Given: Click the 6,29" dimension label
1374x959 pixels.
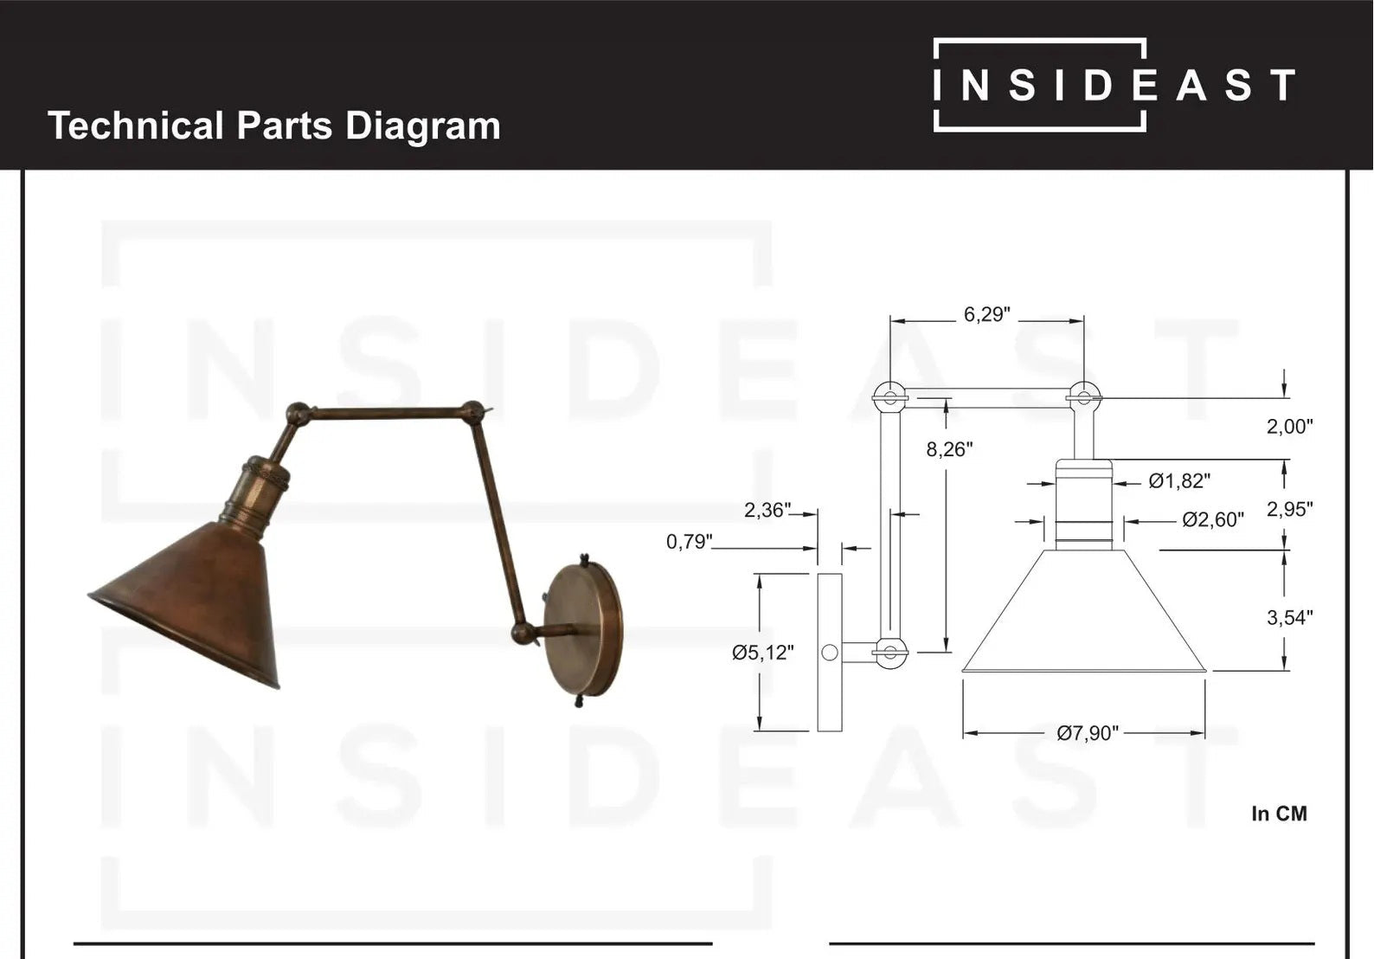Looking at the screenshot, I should (986, 314).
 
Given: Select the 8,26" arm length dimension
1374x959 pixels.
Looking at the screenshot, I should (949, 449).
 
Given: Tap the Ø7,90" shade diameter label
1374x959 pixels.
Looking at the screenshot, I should (1087, 733).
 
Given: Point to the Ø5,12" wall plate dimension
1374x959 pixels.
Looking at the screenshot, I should (762, 653).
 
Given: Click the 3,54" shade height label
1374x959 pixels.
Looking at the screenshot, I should (1289, 617).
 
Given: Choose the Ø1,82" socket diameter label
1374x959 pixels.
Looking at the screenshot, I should (1178, 481).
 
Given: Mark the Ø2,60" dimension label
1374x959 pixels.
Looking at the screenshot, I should (1213, 519).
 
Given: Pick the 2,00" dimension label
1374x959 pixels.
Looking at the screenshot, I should (1289, 426).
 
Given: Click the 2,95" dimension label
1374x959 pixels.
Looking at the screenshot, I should (1289, 509).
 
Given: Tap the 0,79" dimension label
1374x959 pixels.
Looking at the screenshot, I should (689, 542).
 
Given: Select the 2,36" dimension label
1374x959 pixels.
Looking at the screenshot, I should (767, 511).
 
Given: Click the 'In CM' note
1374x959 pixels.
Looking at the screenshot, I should (1279, 814).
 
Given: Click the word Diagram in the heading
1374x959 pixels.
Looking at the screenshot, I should (422, 126).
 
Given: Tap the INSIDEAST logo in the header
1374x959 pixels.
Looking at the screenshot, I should (1114, 85).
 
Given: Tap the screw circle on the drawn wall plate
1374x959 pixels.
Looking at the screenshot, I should (830, 653).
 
